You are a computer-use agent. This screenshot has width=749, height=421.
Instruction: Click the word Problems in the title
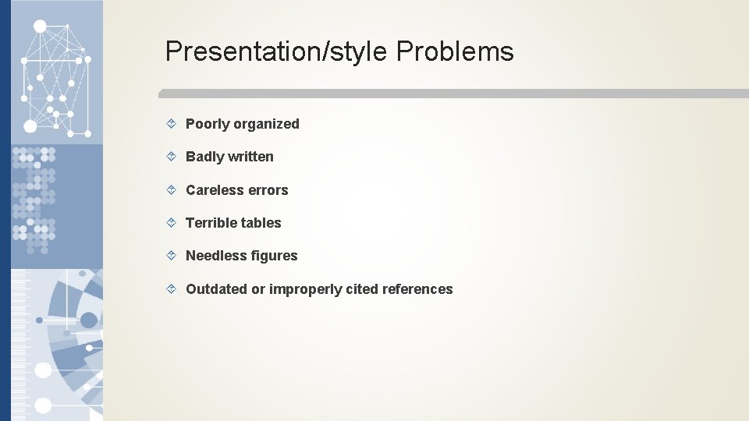455,51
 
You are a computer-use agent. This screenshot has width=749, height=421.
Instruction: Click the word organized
266,124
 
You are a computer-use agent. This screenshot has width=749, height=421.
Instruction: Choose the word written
250,157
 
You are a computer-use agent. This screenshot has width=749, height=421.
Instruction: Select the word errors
269,190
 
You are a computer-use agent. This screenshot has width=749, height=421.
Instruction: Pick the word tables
261,223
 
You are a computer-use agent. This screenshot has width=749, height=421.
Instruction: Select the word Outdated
216,289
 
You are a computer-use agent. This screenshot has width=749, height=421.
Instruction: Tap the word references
417,289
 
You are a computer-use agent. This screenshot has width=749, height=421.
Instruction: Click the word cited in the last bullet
363,289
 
